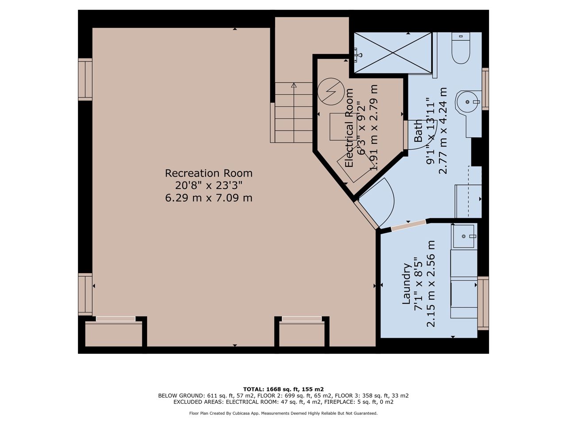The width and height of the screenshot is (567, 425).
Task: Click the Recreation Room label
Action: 209,173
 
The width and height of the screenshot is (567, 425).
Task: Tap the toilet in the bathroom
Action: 461,48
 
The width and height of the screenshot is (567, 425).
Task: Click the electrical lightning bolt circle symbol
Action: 331,91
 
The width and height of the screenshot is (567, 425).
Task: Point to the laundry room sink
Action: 464,236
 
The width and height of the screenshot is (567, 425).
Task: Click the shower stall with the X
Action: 392,53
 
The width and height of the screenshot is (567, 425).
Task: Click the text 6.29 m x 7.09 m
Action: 209,198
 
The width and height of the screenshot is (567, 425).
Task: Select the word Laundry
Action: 407,283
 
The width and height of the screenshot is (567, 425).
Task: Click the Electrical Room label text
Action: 349,128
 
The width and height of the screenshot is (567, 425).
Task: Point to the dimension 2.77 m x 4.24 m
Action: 443,131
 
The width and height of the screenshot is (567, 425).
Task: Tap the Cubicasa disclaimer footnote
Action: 283,413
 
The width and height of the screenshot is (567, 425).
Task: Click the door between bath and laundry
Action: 408,225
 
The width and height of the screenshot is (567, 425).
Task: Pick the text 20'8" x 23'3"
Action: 209,185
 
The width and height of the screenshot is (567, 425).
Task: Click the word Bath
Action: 418,131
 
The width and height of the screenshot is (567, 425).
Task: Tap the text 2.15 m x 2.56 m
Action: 431,283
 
